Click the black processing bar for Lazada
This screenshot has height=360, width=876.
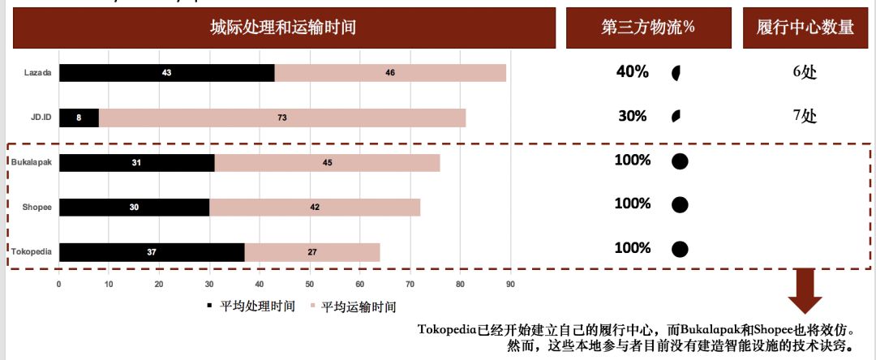click(x=166, y=72)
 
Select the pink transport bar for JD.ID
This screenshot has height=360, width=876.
click(x=281, y=118)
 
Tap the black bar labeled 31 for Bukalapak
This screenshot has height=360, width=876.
click(x=136, y=162)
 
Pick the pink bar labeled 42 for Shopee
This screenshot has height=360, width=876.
click(x=315, y=207)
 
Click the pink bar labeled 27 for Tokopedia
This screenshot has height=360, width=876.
click(x=312, y=252)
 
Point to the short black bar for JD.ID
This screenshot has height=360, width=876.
click(x=79, y=118)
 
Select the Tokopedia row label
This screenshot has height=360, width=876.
click(x=32, y=252)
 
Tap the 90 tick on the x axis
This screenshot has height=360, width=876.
click(x=510, y=284)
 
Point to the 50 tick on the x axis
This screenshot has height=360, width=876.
click(x=310, y=284)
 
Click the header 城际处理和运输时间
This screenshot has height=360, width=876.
click(x=282, y=28)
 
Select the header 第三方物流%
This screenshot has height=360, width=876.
click(x=647, y=28)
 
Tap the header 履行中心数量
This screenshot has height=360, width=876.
click(x=805, y=28)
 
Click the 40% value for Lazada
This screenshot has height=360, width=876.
click(x=633, y=72)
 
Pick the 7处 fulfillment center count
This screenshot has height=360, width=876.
click(x=804, y=116)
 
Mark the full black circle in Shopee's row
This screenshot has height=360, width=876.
click(x=680, y=204)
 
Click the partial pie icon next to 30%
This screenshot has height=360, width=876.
click(x=676, y=117)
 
